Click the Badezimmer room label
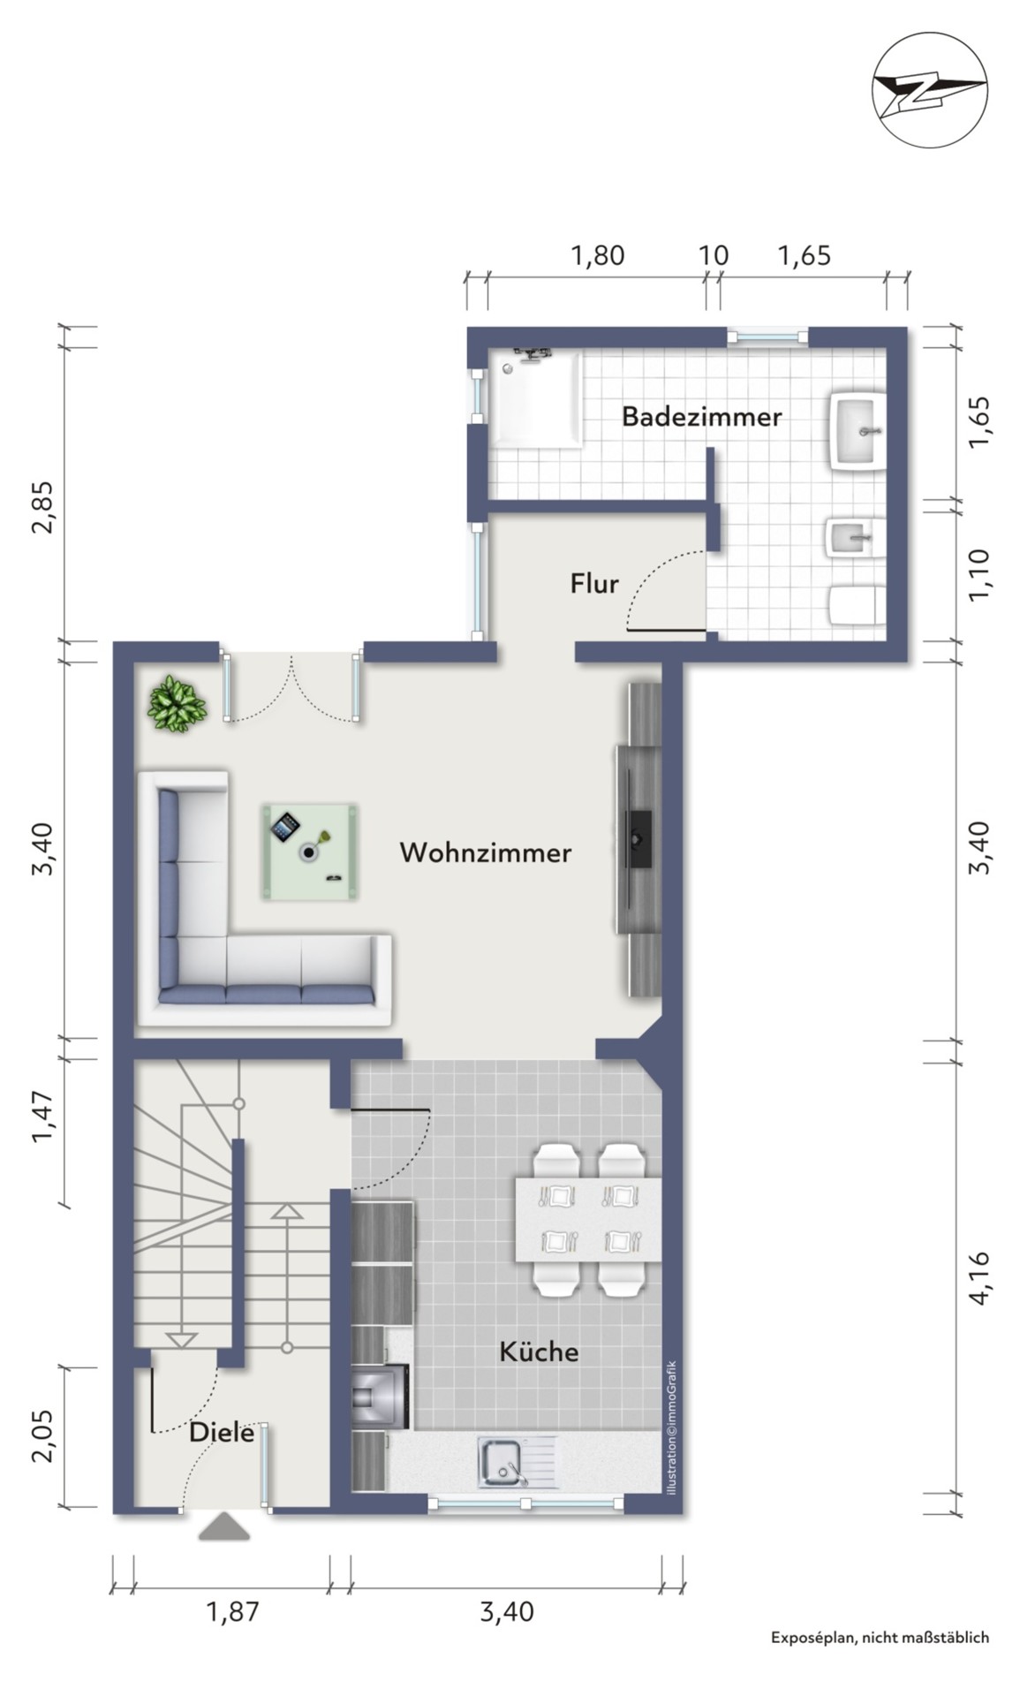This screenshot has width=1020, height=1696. point(701,416)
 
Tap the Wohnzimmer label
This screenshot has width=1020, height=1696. point(485,852)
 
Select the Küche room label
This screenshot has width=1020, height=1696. point(539,1351)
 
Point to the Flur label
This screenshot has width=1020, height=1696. point(593,583)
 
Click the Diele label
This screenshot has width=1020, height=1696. point(222,1432)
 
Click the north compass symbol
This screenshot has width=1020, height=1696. point(929,88)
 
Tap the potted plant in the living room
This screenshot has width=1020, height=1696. point(177,704)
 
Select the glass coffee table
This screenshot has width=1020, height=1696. point(309,852)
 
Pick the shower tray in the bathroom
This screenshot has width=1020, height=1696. point(536,398)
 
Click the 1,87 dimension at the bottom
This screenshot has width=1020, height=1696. point(233,1611)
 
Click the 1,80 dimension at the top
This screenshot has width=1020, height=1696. point(598,255)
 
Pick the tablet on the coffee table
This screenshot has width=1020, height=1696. point(285,828)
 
